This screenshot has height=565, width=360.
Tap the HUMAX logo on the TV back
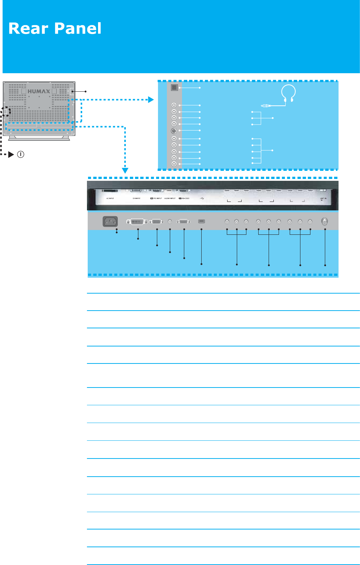39,91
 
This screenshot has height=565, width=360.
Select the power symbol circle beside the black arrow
21,155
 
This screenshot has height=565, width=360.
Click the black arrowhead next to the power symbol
11,155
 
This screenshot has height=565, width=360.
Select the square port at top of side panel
174,88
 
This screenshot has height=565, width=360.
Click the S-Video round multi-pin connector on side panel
174,131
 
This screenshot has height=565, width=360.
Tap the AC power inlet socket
110,221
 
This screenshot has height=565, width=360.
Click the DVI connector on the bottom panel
137,222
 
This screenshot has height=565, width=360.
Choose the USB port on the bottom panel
201,221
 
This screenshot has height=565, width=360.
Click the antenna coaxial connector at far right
324,221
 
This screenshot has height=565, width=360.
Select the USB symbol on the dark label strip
202,198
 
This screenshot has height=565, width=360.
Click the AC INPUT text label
110,199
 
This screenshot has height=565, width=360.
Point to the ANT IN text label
323,199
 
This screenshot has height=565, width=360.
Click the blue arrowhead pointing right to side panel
151,99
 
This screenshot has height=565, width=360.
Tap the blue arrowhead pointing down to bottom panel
125,170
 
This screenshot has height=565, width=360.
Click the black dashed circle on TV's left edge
6,111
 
